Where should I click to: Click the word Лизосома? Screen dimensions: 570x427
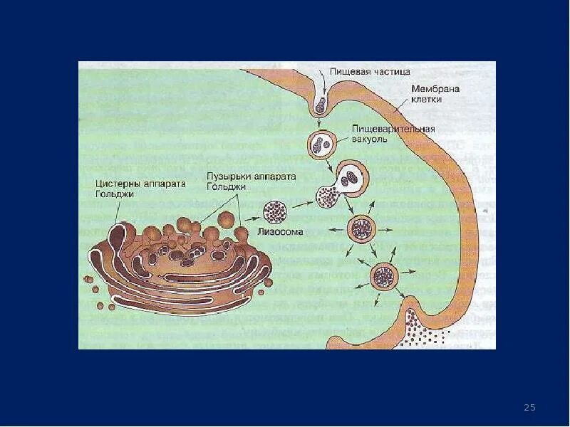click(x=284, y=231)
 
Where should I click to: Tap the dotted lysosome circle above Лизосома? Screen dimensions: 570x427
click(x=275, y=211)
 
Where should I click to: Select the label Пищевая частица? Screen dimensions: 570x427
click(x=370, y=71)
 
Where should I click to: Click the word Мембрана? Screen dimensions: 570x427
click(x=435, y=89)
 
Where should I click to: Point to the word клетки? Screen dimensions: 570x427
click(x=426, y=100)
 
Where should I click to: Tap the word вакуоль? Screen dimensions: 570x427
click(x=369, y=139)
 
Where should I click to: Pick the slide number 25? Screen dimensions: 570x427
click(x=529, y=407)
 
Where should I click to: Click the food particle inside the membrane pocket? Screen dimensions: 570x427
click(x=321, y=105)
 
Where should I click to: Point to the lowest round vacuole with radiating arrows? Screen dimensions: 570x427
click(x=385, y=275)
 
